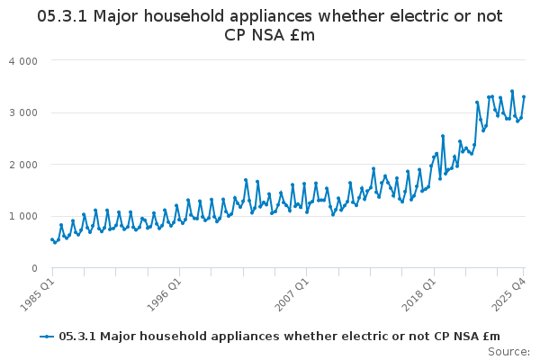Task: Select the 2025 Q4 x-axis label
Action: click(x=508, y=294)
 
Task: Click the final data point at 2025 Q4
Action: click(x=524, y=97)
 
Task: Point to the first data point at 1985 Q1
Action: click(x=51, y=239)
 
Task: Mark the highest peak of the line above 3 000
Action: click(x=512, y=91)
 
